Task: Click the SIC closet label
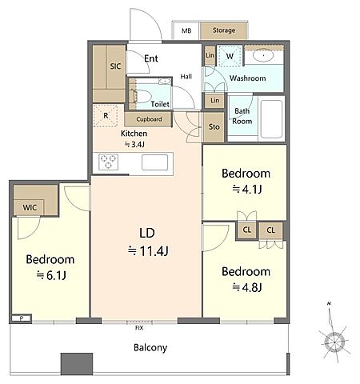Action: (x=115, y=66)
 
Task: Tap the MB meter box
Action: (x=186, y=30)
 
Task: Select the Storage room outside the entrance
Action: (x=223, y=30)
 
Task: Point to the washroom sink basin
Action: (x=263, y=56)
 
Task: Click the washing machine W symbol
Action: (x=230, y=56)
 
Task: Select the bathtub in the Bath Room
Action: (x=271, y=119)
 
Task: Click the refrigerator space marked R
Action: (x=106, y=115)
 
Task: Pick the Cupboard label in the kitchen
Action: (x=149, y=119)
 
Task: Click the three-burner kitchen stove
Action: (x=108, y=162)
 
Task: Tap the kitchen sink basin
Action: (x=154, y=162)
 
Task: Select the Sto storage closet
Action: (x=214, y=127)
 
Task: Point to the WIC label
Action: (x=30, y=207)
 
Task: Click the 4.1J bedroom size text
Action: (x=247, y=190)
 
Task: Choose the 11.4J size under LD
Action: (x=148, y=251)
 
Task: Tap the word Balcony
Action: (x=150, y=348)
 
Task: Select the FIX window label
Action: (x=139, y=328)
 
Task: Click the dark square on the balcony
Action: (x=77, y=363)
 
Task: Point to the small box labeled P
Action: (x=22, y=318)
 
